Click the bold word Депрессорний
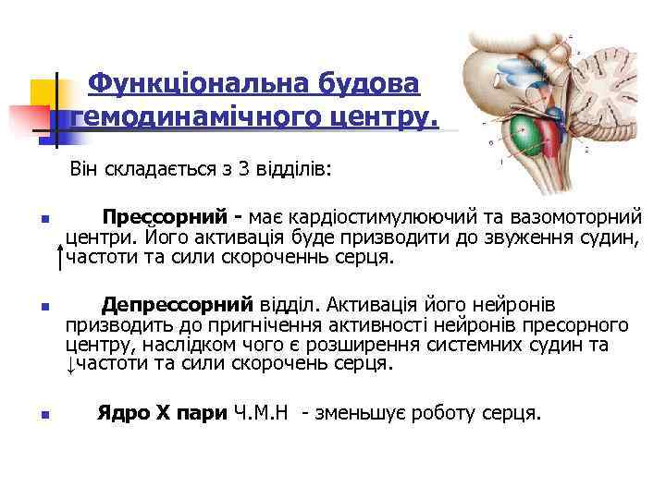(x=177, y=304)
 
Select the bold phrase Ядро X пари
(x=162, y=413)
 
